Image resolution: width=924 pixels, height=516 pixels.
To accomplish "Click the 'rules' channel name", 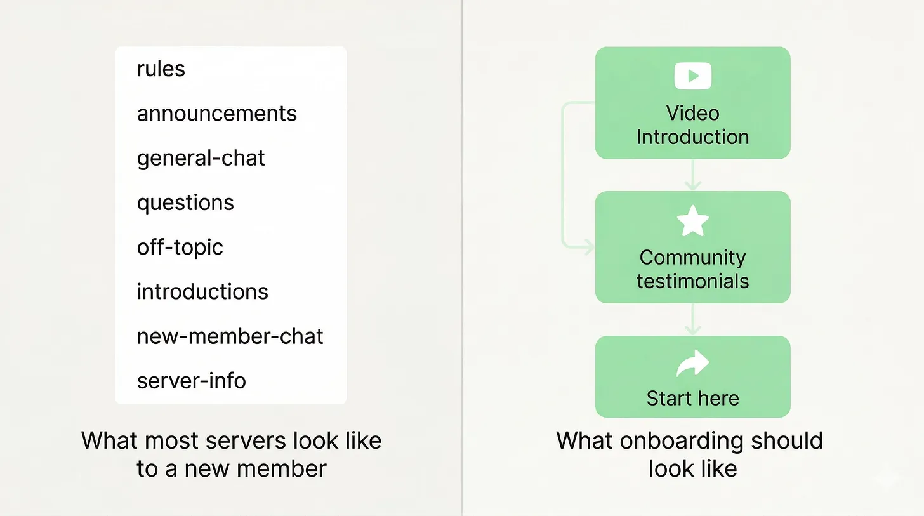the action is pos(161,69).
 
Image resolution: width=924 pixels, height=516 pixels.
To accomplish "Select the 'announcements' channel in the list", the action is pos(216,114).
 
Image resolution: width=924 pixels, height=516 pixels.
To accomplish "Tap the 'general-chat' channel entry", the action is pos(201,159).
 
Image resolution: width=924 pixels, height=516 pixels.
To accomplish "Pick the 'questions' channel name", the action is pos(185,203).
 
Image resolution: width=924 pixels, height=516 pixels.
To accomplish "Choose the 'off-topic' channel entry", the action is pos(180,247).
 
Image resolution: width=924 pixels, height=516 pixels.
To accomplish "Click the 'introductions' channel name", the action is pos(202,291).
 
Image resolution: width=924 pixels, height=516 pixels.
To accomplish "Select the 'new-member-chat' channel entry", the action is pos(230,336).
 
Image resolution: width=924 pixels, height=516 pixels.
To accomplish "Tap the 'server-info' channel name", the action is pos(192,381).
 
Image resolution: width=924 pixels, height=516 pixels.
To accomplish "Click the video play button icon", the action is pos(693,76).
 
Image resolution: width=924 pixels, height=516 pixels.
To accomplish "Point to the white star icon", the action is pos(693,221).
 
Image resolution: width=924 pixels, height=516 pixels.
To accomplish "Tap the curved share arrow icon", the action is pos(693,363).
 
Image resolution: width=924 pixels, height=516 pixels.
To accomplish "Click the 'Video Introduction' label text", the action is pos(693,125).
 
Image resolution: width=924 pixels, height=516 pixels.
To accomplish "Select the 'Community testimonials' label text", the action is pos(693,269).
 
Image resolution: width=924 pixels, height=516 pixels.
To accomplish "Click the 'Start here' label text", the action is pos(693,399).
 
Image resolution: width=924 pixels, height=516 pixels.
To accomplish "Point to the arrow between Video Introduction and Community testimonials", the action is pos(693,175).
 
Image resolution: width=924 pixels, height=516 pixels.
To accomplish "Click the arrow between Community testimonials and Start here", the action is pos(693,319).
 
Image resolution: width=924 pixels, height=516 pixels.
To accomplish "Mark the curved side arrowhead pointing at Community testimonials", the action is pos(589,248).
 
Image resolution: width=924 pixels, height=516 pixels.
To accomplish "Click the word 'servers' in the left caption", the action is pos(246,440).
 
